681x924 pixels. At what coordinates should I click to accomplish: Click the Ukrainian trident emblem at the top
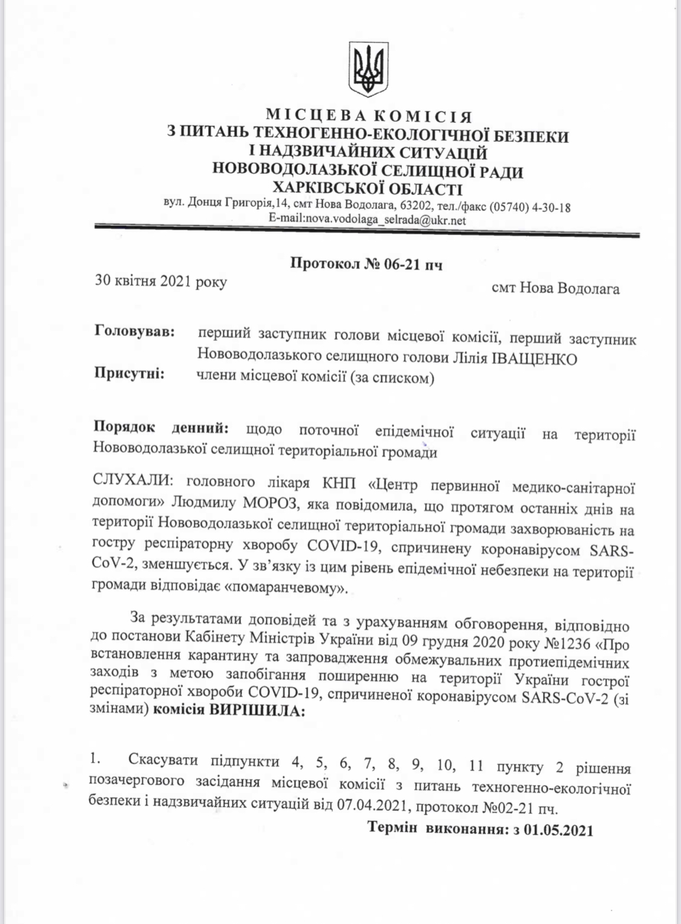[368, 69]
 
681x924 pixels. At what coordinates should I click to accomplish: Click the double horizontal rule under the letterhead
[367, 231]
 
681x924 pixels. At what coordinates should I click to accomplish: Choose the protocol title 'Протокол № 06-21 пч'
[366, 264]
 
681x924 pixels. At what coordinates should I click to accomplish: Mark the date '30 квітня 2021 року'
[161, 282]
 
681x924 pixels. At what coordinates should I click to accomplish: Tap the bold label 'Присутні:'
[130, 374]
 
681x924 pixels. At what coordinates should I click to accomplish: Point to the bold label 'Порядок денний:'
[161, 428]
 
